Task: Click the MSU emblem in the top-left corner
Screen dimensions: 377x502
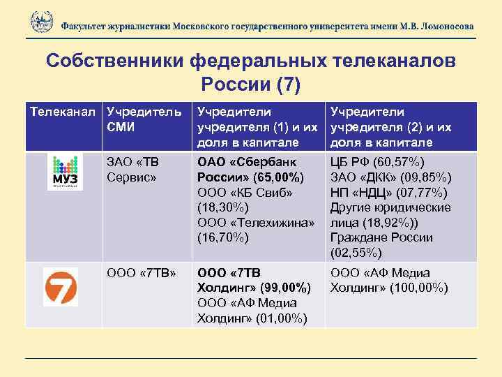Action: (x=41, y=22)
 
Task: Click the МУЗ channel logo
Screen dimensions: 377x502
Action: (x=66, y=172)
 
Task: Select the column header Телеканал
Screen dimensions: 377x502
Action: (x=62, y=112)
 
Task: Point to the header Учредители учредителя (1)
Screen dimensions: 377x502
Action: (x=258, y=127)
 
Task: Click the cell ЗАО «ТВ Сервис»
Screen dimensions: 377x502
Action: (x=135, y=169)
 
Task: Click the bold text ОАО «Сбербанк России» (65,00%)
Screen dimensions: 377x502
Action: (x=251, y=170)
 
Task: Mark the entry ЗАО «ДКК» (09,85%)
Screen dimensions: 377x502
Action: (x=391, y=177)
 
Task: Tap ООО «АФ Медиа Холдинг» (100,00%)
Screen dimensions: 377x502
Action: (x=390, y=281)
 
